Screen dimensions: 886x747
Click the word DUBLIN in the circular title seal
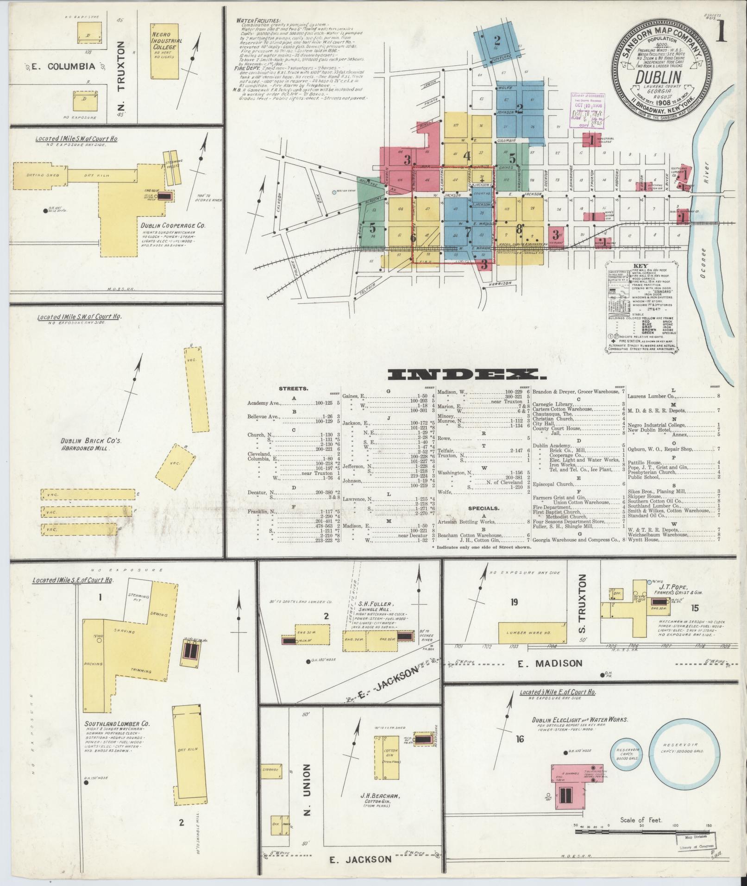[658, 77]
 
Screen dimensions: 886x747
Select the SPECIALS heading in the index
[483, 508]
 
